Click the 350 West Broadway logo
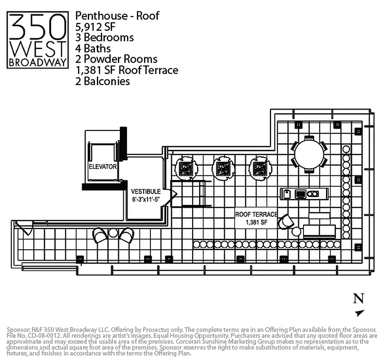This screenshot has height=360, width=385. [x=38, y=40]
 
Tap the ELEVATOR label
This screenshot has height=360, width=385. [x=103, y=166]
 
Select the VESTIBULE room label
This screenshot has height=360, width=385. [x=146, y=191]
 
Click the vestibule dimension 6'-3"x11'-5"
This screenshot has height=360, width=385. [x=146, y=199]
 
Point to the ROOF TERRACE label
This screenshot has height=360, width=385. [x=256, y=215]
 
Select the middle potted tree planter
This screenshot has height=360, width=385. [x=223, y=168]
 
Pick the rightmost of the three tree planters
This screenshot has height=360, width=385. [x=260, y=168]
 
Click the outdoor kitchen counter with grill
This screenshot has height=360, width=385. [x=305, y=194]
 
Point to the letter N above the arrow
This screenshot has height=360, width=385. [x=358, y=298]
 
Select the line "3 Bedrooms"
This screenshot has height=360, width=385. [x=104, y=37]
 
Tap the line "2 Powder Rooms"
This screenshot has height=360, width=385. [x=117, y=59]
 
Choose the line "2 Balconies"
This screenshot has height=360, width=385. [x=103, y=81]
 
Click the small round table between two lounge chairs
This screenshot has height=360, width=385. [x=113, y=233]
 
